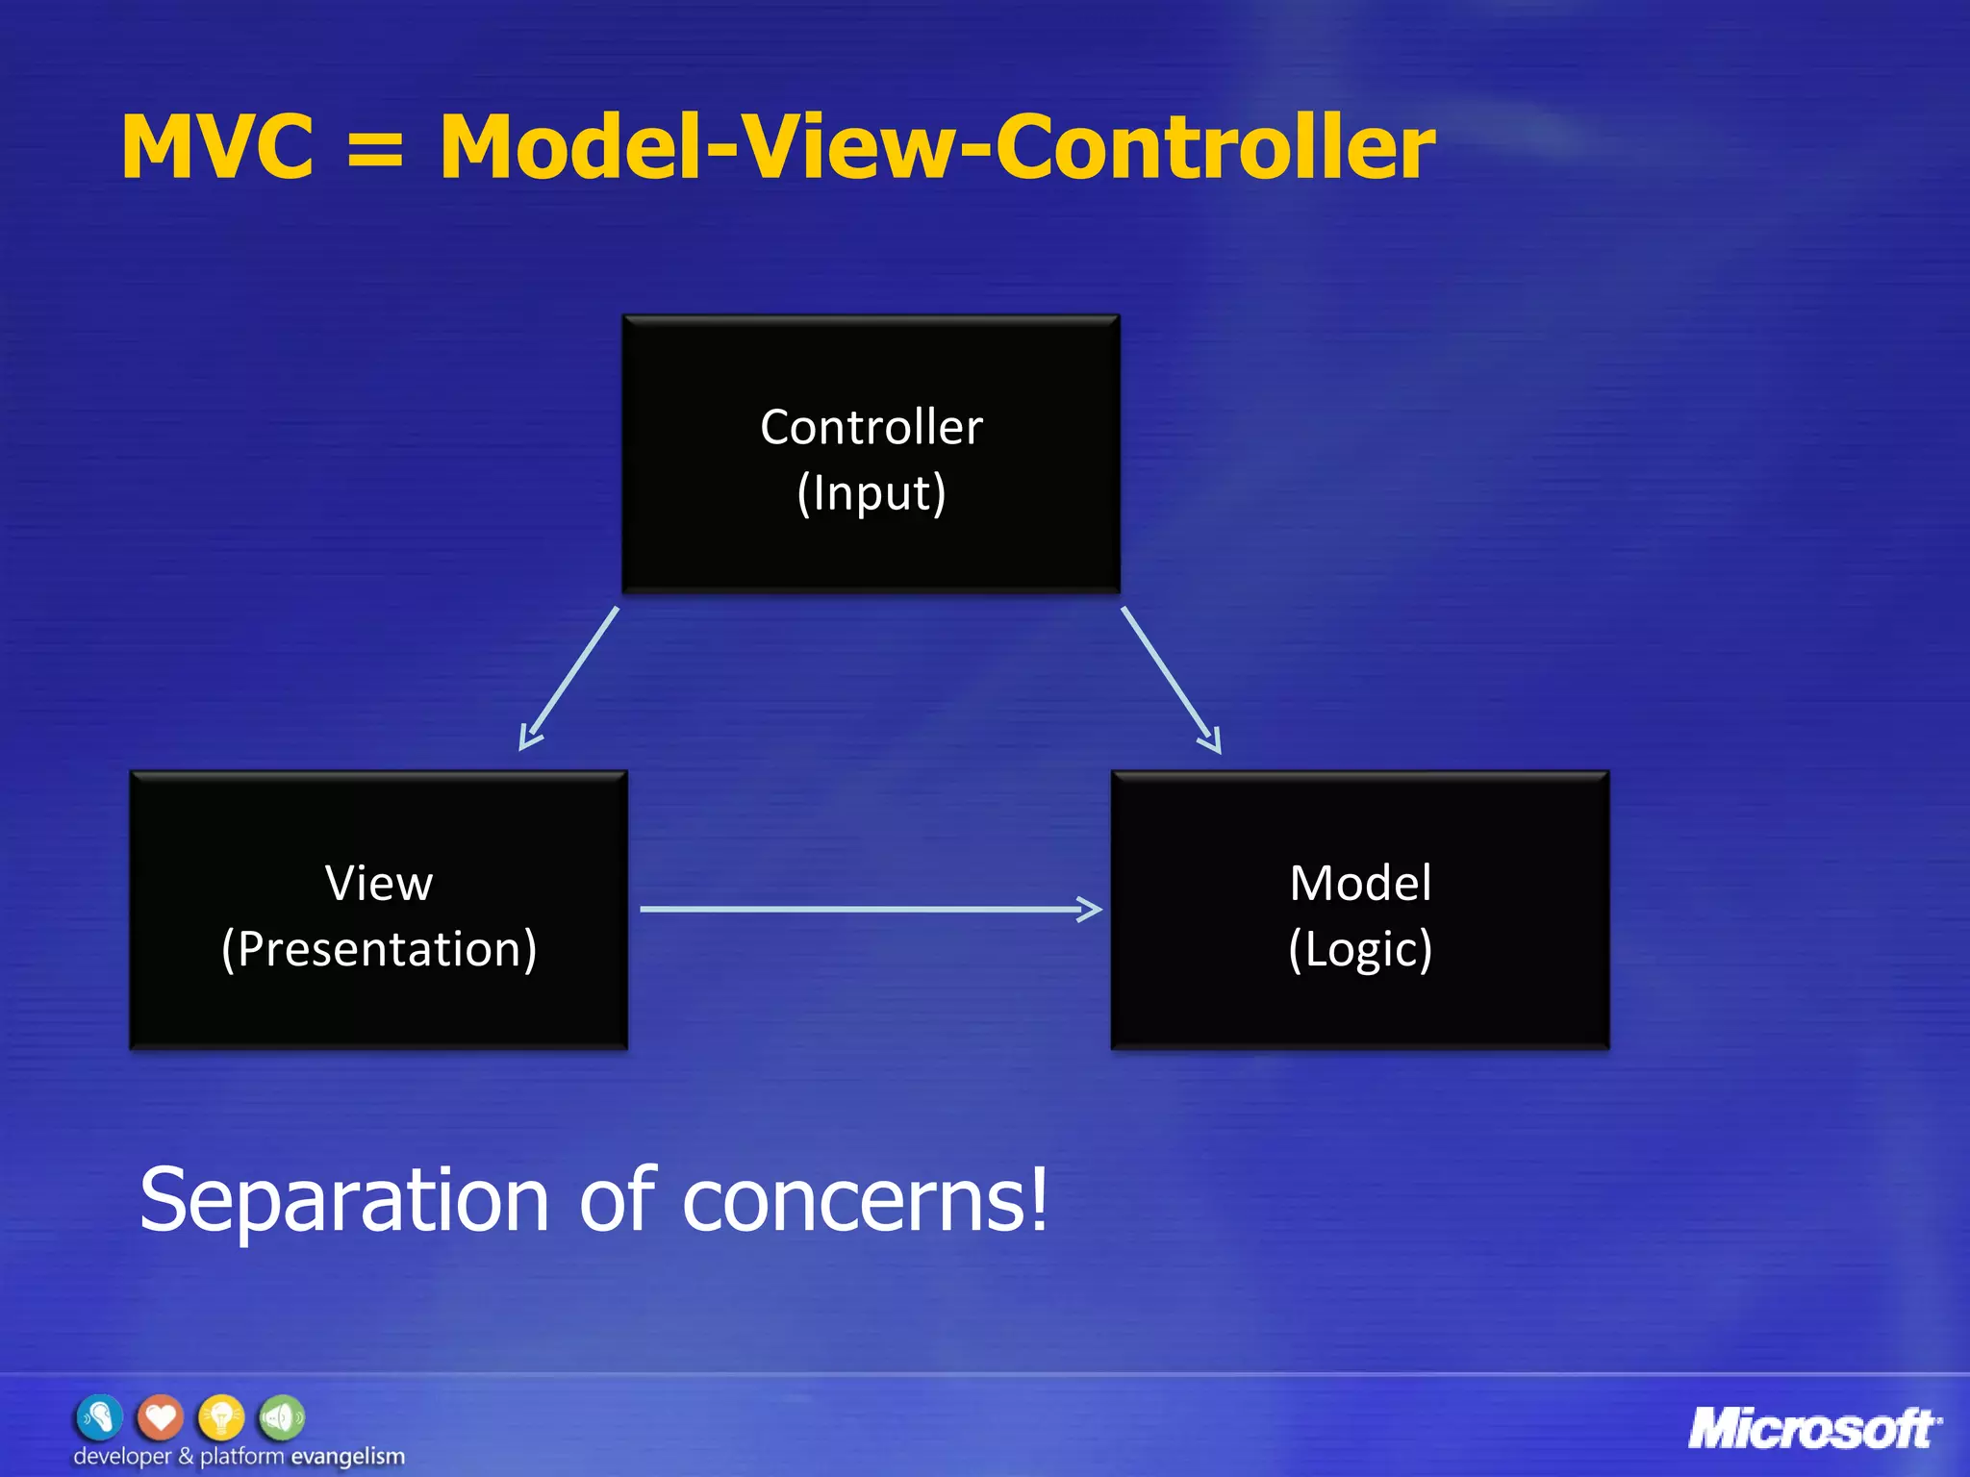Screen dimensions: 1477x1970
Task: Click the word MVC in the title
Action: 217,147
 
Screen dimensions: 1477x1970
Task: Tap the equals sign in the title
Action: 375,150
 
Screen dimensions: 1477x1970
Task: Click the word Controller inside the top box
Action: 871,427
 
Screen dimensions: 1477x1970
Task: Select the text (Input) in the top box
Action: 871,493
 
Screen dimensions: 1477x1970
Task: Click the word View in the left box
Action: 379,883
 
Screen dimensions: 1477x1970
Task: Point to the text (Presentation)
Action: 379,949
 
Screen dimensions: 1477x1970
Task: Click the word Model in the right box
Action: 1360,883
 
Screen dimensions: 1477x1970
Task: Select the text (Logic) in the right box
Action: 1360,949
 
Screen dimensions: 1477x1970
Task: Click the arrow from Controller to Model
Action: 1171,679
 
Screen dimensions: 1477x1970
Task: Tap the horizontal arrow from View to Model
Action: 871,909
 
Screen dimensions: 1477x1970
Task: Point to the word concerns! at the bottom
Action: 866,1201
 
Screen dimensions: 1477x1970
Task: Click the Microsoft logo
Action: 1814,1429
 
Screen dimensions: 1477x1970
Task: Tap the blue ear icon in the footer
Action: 99,1417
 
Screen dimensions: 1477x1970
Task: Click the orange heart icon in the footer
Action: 160,1417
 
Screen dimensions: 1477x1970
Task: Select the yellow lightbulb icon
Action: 221,1417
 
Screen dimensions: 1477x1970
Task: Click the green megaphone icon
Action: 282,1417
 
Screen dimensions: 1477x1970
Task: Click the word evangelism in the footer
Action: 347,1456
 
